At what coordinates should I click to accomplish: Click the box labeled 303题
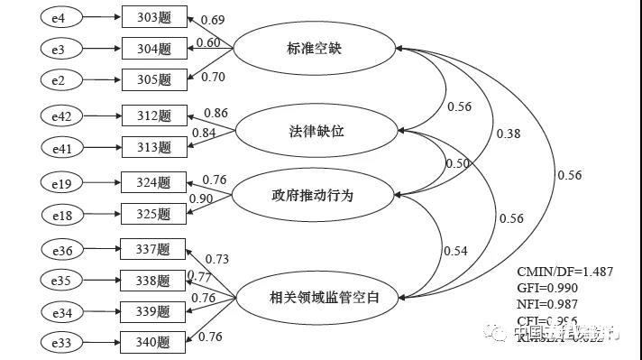154,17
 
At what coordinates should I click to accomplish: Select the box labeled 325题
154,214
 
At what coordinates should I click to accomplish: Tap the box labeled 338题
154,281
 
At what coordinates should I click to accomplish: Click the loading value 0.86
216,113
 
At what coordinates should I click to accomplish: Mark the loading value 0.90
201,198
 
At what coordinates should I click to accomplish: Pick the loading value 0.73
216,259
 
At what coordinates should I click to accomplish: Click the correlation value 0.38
508,134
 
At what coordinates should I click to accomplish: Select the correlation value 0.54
455,250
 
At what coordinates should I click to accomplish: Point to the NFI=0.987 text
547,304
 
